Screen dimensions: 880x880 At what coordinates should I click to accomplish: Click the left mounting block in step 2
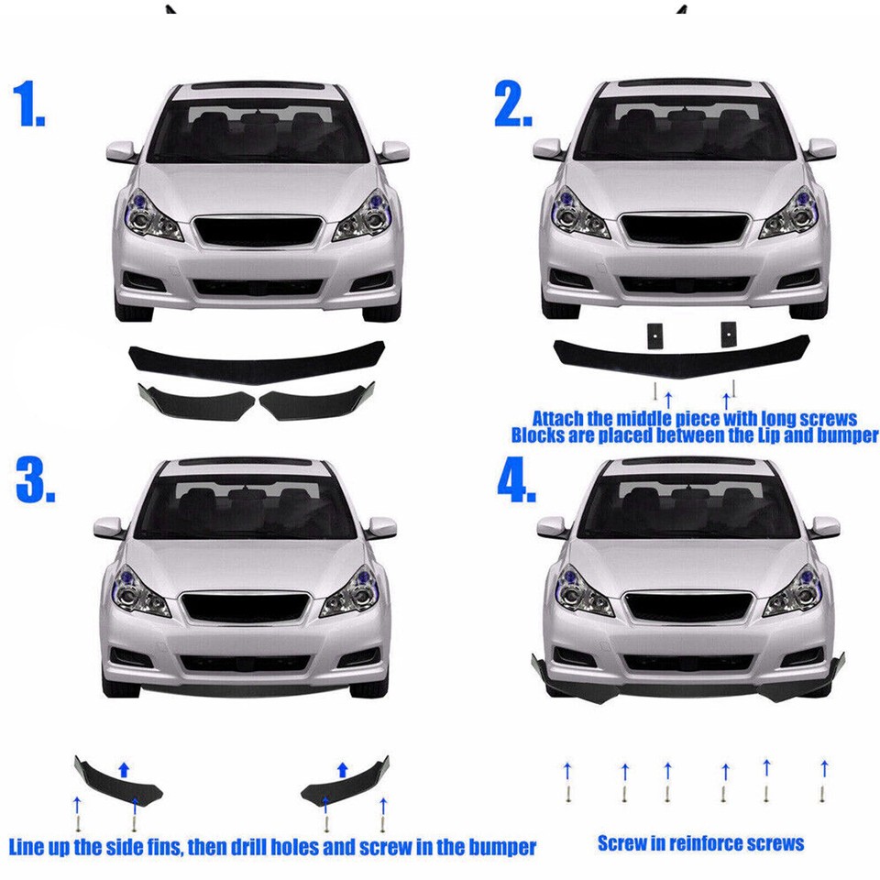654,335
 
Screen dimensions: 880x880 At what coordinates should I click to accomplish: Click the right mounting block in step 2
728,335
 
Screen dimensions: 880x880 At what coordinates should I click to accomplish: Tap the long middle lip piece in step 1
257,360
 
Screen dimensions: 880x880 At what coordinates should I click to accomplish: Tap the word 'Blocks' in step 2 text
540,436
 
